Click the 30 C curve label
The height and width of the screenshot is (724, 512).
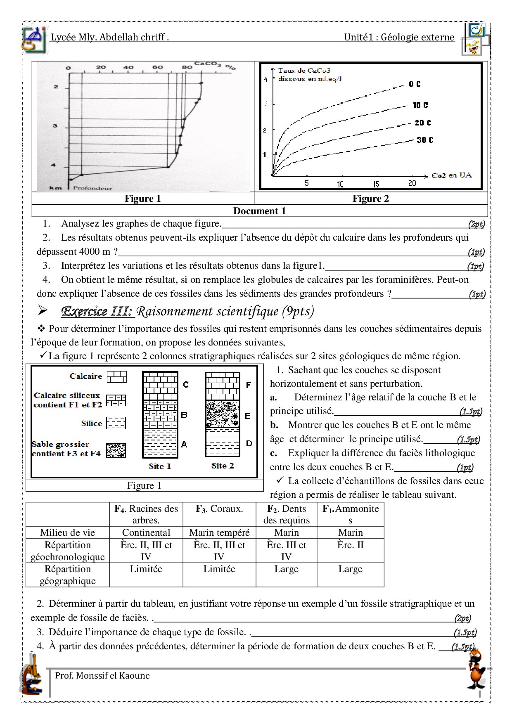point(424,140)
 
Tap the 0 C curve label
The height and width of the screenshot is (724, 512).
point(415,84)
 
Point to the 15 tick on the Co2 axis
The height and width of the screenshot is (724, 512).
point(376,184)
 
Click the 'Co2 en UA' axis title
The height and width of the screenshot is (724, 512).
point(452,175)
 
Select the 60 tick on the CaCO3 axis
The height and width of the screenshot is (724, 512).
point(156,67)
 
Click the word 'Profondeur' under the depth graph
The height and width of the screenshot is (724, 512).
point(92,188)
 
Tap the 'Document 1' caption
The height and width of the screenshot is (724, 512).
point(259,211)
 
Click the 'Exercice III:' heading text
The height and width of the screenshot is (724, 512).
point(98,311)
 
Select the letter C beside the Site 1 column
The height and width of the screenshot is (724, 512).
point(186,385)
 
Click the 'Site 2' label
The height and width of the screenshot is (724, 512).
point(223,466)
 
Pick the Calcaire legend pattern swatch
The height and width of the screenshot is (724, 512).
point(117,376)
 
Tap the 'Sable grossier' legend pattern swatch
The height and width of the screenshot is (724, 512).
point(116,450)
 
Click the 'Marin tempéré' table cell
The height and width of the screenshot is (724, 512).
point(219,532)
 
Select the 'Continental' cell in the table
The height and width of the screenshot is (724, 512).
point(146,532)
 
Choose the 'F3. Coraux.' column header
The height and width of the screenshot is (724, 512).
point(219,509)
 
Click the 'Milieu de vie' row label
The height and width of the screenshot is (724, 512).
point(67,532)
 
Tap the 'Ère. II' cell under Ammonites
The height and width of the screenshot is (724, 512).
point(350,545)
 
